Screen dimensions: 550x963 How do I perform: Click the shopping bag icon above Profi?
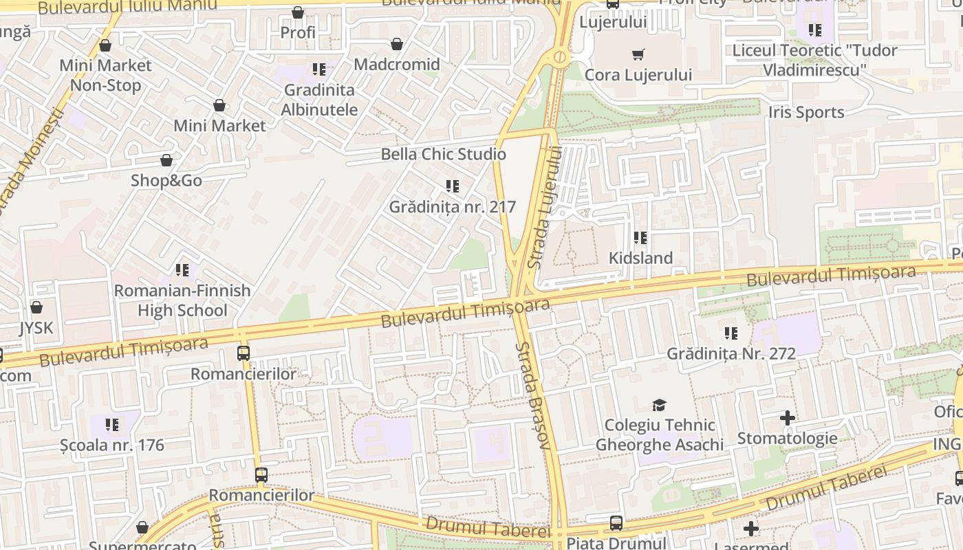(298, 12)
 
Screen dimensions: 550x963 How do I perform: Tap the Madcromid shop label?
(397, 65)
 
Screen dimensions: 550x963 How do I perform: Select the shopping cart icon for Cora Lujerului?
(638, 54)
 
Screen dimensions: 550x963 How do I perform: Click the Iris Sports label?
(806, 113)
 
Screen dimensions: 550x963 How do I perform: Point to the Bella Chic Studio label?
(443, 154)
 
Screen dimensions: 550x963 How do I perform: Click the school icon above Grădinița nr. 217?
(452, 186)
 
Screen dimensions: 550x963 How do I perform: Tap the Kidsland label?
(640, 258)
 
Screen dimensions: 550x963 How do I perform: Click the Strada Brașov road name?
(534, 396)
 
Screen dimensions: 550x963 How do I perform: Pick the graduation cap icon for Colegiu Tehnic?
(660, 405)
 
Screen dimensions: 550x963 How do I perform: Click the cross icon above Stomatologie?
(788, 417)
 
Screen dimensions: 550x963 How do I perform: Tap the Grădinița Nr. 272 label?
(731, 354)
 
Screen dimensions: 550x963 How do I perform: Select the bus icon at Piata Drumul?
(616, 523)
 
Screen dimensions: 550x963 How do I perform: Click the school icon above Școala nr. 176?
(112, 425)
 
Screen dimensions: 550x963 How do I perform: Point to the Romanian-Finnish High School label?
(182, 300)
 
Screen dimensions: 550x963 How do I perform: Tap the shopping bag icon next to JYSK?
(36, 307)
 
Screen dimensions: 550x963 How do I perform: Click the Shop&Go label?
(166, 181)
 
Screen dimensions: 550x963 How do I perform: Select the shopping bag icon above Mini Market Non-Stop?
(105, 45)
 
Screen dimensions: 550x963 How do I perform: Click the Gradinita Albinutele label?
(319, 100)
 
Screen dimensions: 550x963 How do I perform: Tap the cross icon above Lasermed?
(751, 529)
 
